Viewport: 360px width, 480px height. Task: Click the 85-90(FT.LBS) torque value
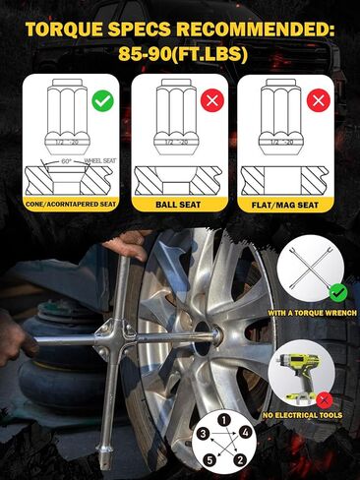coord(180,52)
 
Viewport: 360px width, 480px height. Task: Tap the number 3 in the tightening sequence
coord(202,432)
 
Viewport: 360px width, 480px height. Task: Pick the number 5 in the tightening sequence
coord(209,459)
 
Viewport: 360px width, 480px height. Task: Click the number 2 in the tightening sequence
coord(236,458)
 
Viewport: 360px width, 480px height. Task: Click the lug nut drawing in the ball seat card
coord(179,123)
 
